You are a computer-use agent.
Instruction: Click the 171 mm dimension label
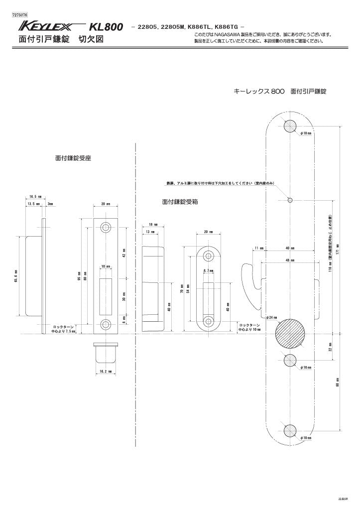point(338,247)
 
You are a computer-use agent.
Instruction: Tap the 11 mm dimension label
point(258,248)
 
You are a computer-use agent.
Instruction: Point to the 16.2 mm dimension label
point(105,372)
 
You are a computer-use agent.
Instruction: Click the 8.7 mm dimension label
point(208,271)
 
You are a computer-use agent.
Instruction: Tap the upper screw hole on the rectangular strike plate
point(105,227)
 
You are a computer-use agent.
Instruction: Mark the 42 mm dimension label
point(124,253)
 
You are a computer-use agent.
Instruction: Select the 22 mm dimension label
point(330,346)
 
